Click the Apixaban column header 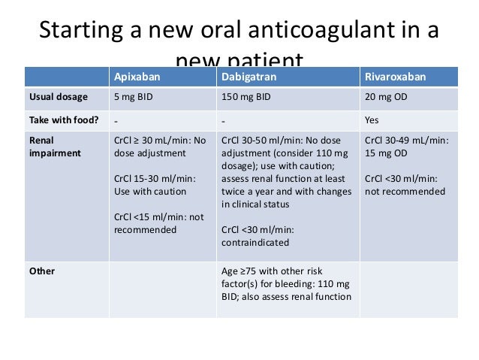pyautogui.click(x=137, y=77)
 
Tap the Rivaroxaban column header pyautogui.click(x=395, y=77)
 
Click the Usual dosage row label pyautogui.click(x=59, y=97)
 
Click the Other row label pyautogui.click(x=41, y=271)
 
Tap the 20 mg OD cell pyautogui.click(x=386, y=97)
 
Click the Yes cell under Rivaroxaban pyautogui.click(x=372, y=119)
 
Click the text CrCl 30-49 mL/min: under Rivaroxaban pyautogui.click(x=406, y=140)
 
